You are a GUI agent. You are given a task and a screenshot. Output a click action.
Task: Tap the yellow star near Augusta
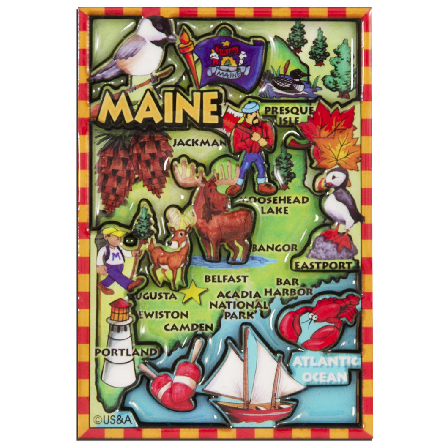pos(193,292)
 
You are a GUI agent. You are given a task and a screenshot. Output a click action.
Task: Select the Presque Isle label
pos(290,115)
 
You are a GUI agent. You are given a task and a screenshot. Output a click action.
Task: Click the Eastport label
pos(323,266)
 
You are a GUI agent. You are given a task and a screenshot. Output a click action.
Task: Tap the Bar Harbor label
pos(288,287)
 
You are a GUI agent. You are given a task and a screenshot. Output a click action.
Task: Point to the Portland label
pos(126,352)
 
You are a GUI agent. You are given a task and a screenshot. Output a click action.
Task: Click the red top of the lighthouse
pos(120,310)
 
